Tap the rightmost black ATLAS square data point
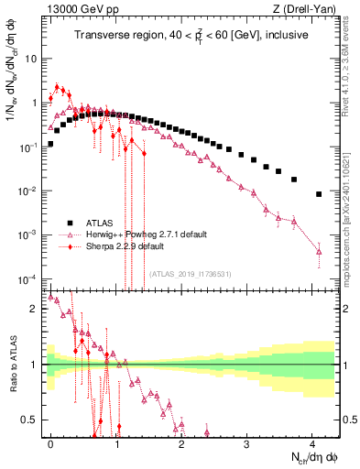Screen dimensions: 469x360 (x=318, y=194)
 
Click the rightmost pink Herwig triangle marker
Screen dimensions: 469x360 (x=318, y=251)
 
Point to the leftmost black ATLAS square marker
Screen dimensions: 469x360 (x=50, y=144)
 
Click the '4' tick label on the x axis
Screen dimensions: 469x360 (x=311, y=442)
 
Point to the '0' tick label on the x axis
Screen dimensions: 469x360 (x=50, y=442)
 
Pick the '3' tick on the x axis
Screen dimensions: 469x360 (x=246, y=442)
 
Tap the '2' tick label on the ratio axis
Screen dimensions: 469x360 (x=36, y=309)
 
